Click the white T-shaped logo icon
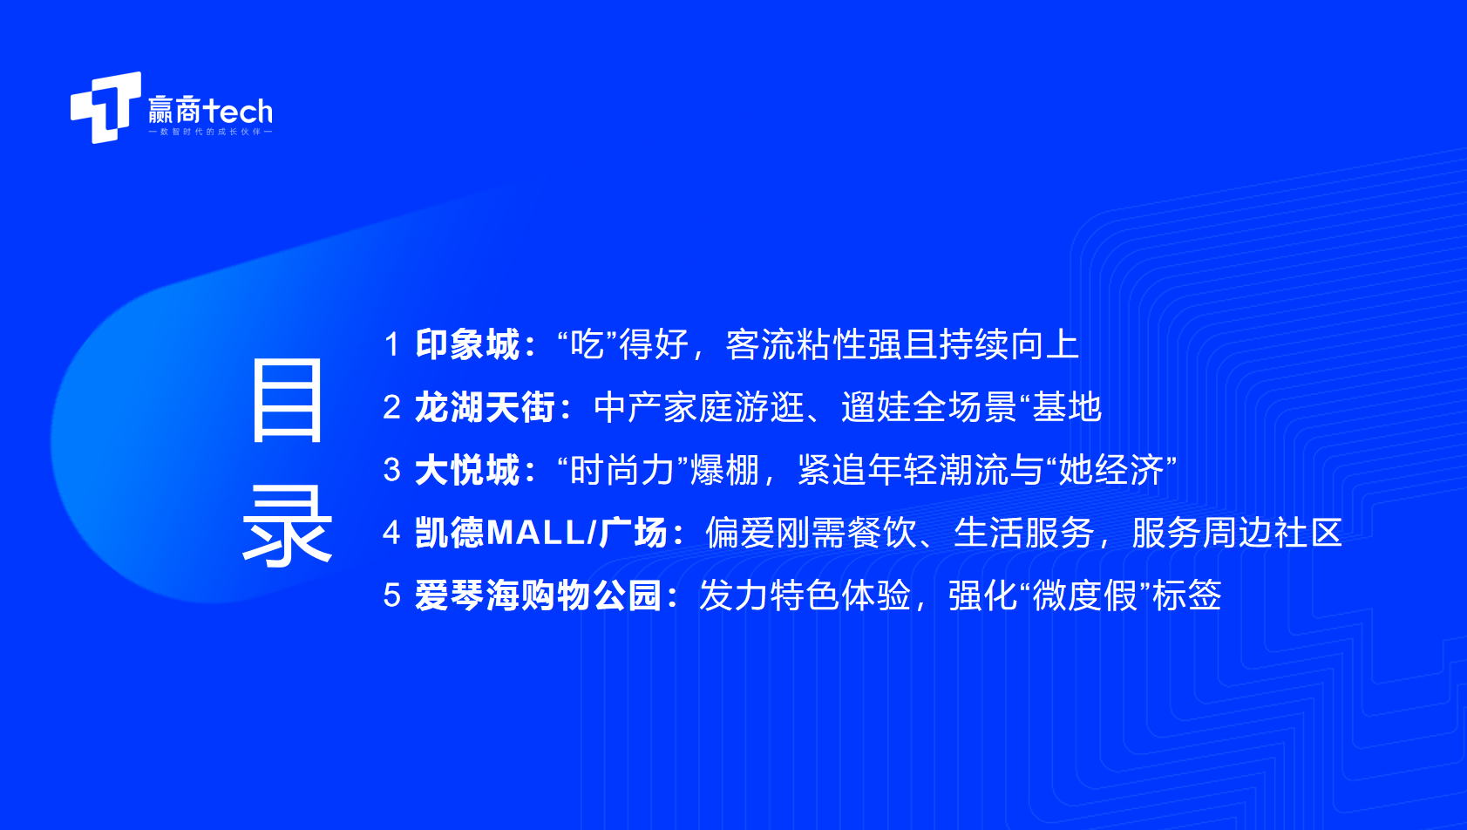click(x=106, y=107)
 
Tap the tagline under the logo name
click(x=210, y=132)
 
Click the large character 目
click(x=288, y=400)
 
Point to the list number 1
click(x=391, y=344)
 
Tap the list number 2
click(x=391, y=407)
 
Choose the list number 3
click(x=391, y=470)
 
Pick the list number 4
click(x=391, y=533)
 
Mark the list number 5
click(x=391, y=595)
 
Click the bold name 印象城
click(x=467, y=344)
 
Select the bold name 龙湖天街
click(x=486, y=407)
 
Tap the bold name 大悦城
click(x=467, y=470)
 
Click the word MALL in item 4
click(x=536, y=533)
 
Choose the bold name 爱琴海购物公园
click(x=539, y=595)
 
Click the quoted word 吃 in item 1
click(x=587, y=344)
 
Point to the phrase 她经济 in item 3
click(x=1110, y=470)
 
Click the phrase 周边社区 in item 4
click(x=1273, y=533)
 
